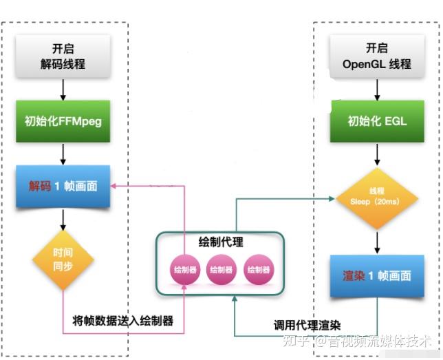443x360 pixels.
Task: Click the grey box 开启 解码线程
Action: (x=63, y=57)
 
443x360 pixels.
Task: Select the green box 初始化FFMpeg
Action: (x=63, y=122)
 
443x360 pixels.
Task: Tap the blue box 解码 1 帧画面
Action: (x=63, y=187)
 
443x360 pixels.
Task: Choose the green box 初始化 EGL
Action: (x=377, y=121)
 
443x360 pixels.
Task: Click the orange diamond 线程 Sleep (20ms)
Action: (x=377, y=199)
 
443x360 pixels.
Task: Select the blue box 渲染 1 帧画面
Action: (x=377, y=276)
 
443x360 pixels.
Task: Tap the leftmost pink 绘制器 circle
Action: (x=184, y=270)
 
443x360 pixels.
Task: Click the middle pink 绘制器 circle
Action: (x=221, y=270)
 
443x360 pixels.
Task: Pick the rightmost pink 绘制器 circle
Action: (x=257, y=270)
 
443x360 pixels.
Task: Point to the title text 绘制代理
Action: (x=221, y=242)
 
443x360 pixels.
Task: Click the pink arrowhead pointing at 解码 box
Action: (x=116, y=185)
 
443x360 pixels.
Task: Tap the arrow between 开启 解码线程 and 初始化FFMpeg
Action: (x=63, y=89)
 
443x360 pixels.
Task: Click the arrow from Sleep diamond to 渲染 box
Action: (x=377, y=240)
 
